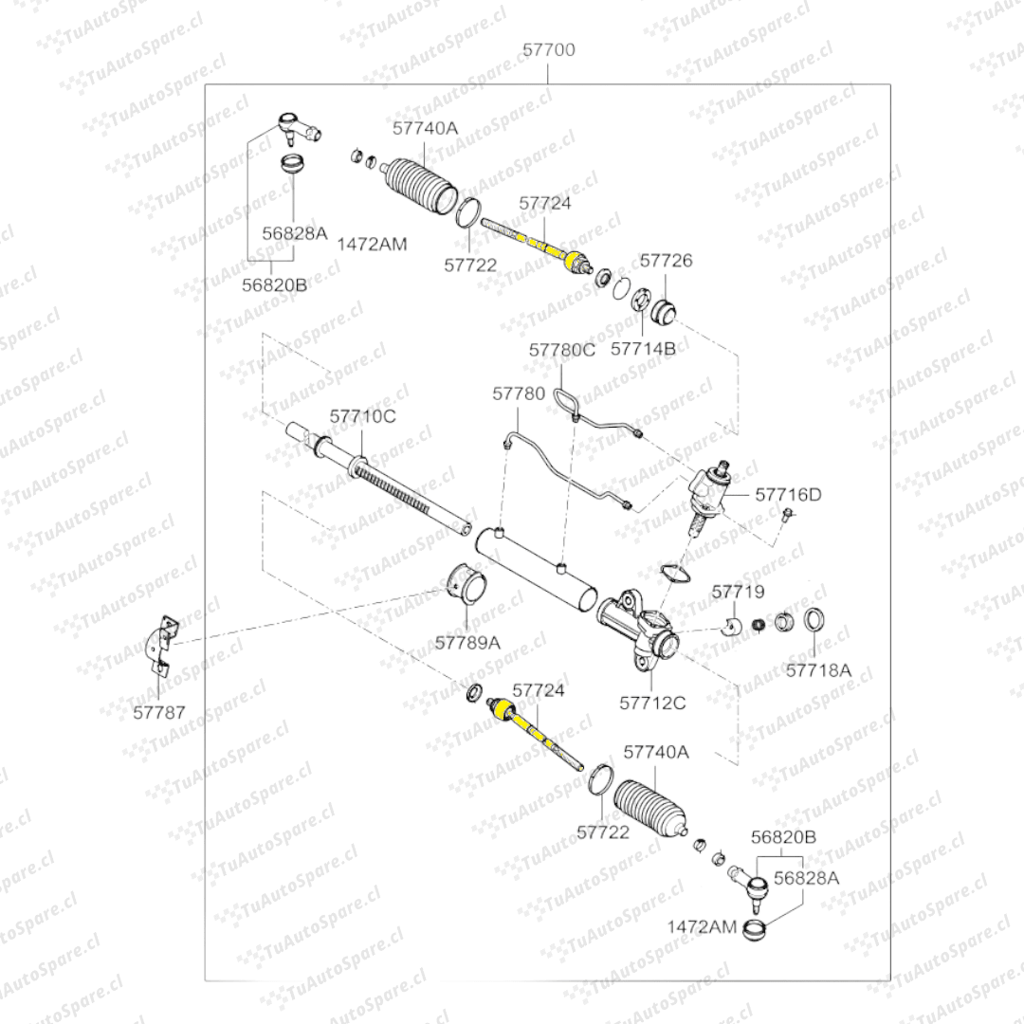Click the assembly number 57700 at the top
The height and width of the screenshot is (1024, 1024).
coord(548,49)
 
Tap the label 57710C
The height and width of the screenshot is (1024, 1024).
coord(362,416)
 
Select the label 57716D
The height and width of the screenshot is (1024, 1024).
coord(789,494)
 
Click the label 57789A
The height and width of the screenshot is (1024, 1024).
coord(467,642)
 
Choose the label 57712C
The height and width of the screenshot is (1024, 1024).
coord(652,703)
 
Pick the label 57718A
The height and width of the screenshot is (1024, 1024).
coord(818,670)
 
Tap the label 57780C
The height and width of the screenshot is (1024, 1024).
coord(562,350)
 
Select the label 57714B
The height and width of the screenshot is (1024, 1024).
coord(643,348)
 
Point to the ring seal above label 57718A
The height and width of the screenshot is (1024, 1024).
coord(814,621)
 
